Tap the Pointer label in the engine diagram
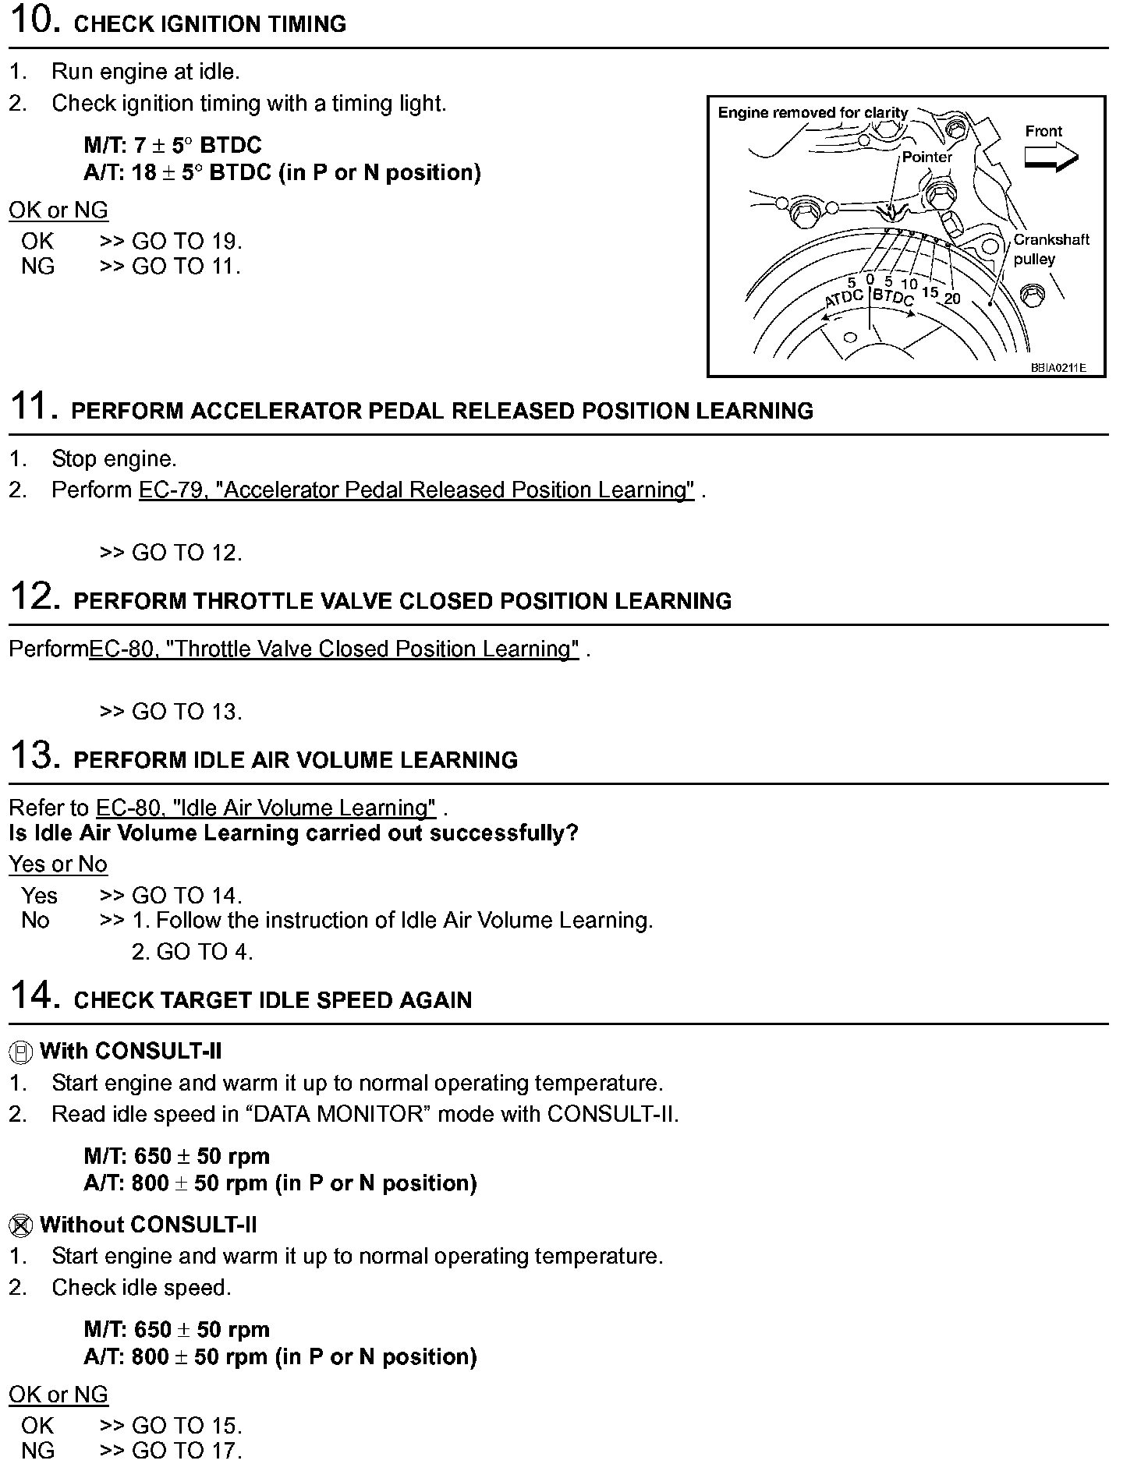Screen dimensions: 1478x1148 (x=927, y=157)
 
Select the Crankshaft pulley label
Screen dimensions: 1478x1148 (x=1051, y=249)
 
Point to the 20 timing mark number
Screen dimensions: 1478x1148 (x=952, y=299)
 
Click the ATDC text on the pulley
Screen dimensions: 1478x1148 (x=845, y=298)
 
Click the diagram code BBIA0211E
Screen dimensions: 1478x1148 (x=1058, y=367)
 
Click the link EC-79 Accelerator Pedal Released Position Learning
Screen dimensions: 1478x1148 (x=416, y=490)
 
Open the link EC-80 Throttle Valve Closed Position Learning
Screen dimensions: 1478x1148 (x=334, y=649)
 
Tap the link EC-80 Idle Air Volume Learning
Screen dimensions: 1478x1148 (x=265, y=808)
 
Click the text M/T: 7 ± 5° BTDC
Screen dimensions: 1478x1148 (x=172, y=145)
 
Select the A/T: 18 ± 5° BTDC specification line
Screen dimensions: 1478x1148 (x=282, y=172)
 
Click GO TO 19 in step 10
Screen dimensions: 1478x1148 (x=186, y=241)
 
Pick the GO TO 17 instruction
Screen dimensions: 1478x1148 (x=186, y=1451)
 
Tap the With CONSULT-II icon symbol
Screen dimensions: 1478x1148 (x=21, y=1052)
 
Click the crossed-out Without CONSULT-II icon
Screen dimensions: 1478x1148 (x=21, y=1225)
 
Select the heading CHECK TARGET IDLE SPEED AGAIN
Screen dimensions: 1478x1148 (x=272, y=1000)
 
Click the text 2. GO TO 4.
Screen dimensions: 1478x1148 (x=192, y=952)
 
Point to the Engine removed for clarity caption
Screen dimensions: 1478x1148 (x=813, y=113)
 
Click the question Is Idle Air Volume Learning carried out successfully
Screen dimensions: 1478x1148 (x=293, y=833)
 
